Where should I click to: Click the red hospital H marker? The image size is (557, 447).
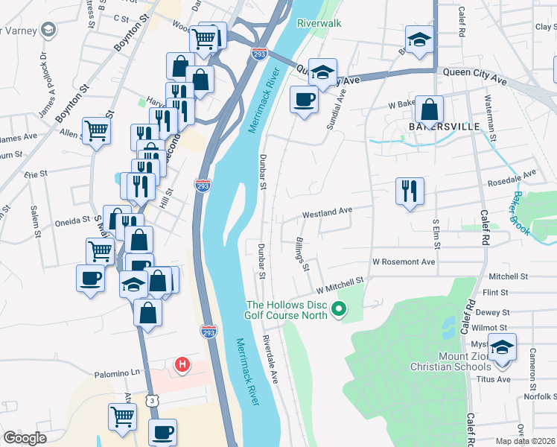click(182, 365)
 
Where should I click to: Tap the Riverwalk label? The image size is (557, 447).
click(319, 23)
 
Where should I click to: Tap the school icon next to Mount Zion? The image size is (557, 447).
click(503, 348)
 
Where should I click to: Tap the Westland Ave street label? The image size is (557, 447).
click(327, 212)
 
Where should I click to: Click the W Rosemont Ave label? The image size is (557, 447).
click(404, 262)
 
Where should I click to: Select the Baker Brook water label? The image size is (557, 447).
click(521, 214)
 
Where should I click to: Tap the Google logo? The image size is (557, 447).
click(25, 437)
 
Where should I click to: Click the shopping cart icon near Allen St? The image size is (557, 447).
click(96, 130)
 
